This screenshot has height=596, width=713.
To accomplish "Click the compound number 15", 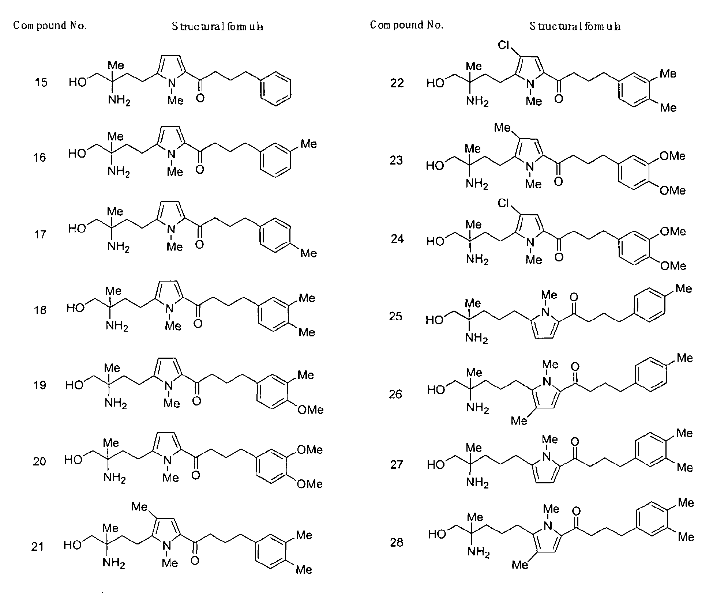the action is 41,82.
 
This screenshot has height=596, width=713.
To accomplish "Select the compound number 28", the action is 397,542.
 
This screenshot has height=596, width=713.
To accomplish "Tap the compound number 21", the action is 38,547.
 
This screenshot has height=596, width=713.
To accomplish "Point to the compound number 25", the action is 395,316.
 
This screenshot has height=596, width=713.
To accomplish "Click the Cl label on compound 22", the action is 504,45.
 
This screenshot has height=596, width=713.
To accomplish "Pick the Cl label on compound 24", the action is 504,203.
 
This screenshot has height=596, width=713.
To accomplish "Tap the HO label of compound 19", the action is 74,385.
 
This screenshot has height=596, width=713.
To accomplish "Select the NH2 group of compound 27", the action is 477,483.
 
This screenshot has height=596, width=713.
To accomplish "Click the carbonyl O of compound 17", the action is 199,244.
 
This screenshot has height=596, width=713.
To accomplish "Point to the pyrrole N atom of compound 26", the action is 547,381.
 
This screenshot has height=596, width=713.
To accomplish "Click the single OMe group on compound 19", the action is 310,410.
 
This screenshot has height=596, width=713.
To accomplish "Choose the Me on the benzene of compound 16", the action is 308,144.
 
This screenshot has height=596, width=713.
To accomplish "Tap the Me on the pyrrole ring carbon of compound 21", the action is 139,506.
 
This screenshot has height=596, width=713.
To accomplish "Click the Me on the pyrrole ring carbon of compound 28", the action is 520,565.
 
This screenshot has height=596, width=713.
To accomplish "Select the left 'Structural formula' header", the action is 217,26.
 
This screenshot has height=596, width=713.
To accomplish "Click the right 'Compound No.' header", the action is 406,25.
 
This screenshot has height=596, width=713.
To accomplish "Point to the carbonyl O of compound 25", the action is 574,297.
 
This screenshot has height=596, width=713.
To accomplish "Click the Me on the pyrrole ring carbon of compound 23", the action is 502,127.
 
